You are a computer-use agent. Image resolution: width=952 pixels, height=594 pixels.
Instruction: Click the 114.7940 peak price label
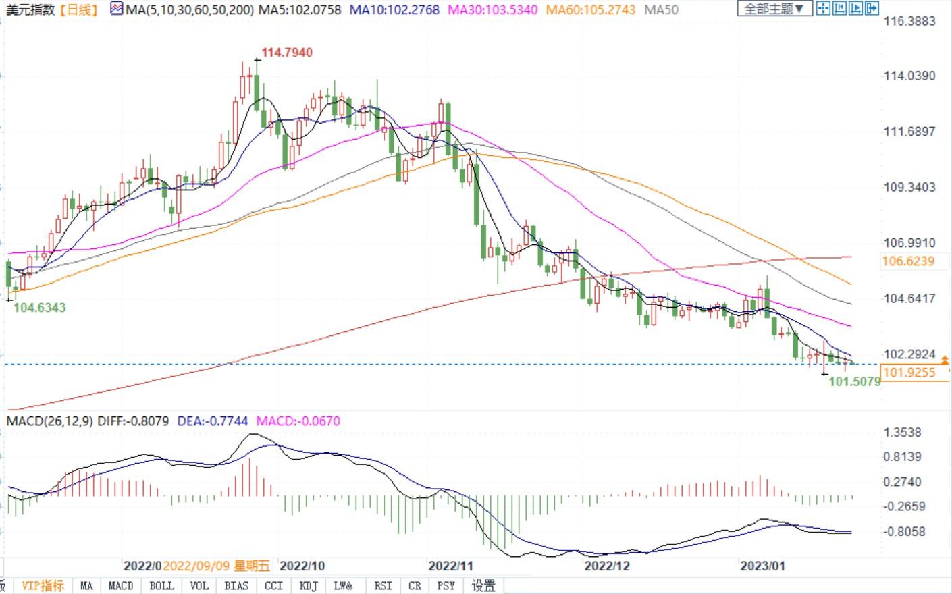click(287, 53)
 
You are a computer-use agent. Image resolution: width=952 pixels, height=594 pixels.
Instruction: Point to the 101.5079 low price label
click(854, 382)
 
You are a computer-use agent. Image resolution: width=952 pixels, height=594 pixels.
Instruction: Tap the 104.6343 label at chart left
click(40, 308)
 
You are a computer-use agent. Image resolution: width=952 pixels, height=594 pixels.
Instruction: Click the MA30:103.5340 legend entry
click(493, 10)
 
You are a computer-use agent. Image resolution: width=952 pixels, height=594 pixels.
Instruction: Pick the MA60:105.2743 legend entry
click(590, 10)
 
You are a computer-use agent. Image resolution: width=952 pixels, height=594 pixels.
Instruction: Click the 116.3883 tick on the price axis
click(909, 21)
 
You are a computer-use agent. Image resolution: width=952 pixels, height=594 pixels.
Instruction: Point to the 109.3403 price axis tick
click(909, 187)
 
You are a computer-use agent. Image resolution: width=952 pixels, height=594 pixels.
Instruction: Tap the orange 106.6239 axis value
click(908, 261)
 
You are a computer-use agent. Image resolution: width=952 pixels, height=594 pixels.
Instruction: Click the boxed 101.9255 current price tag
click(909, 373)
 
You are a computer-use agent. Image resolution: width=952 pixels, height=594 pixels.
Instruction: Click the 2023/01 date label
click(762, 566)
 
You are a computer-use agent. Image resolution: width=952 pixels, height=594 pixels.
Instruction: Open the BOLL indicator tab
click(161, 586)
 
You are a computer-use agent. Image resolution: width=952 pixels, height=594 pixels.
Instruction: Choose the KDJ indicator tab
click(308, 586)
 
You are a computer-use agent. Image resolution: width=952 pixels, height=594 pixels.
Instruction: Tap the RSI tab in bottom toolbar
click(383, 586)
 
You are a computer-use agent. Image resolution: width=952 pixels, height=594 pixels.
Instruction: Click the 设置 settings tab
click(483, 586)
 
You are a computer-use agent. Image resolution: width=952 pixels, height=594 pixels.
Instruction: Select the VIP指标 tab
click(43, 586)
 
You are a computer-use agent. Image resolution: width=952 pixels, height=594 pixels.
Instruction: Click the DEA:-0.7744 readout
click(212, 421)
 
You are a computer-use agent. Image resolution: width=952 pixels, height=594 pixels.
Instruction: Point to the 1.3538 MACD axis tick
click(903, 433)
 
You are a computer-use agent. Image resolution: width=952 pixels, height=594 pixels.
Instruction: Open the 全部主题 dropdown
click(774, 9)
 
